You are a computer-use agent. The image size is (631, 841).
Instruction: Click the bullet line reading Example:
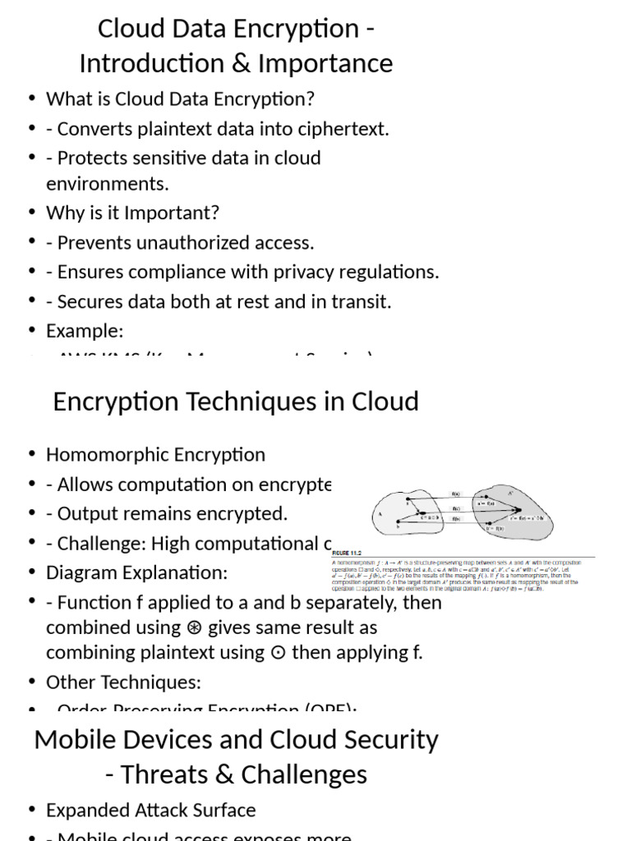[85, 331]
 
